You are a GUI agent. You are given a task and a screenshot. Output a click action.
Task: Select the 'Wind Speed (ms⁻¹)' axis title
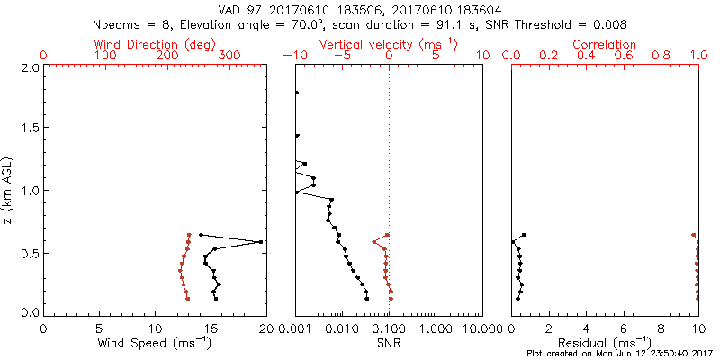[156, 343]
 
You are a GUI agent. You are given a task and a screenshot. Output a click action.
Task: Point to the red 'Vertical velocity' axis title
[389, 43]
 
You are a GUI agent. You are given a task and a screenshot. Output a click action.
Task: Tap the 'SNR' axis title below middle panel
[389, 343]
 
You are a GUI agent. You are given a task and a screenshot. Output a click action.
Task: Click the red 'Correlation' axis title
[605, 43]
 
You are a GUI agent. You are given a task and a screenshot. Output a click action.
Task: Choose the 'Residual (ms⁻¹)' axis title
[606, 343]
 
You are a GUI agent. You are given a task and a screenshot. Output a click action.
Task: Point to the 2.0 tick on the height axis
[30, 67]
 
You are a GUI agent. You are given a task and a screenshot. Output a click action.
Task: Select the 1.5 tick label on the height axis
[30, 129]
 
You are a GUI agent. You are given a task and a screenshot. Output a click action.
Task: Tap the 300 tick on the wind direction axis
[229, 56]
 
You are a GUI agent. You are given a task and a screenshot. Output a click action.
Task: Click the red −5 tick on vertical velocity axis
[341, 56]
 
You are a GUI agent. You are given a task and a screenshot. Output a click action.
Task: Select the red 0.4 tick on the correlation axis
[586, 56]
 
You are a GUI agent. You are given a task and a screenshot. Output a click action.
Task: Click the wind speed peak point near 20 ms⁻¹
[261, 242]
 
